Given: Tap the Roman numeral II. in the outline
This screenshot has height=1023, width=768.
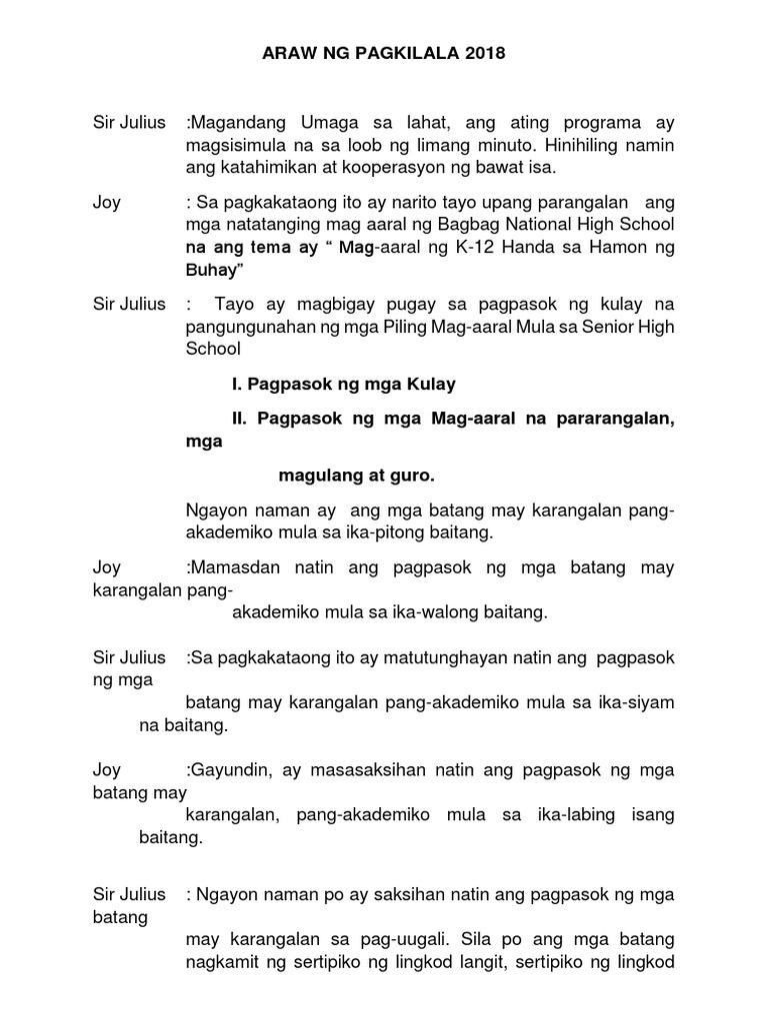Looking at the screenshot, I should click(x=241, y=421).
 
